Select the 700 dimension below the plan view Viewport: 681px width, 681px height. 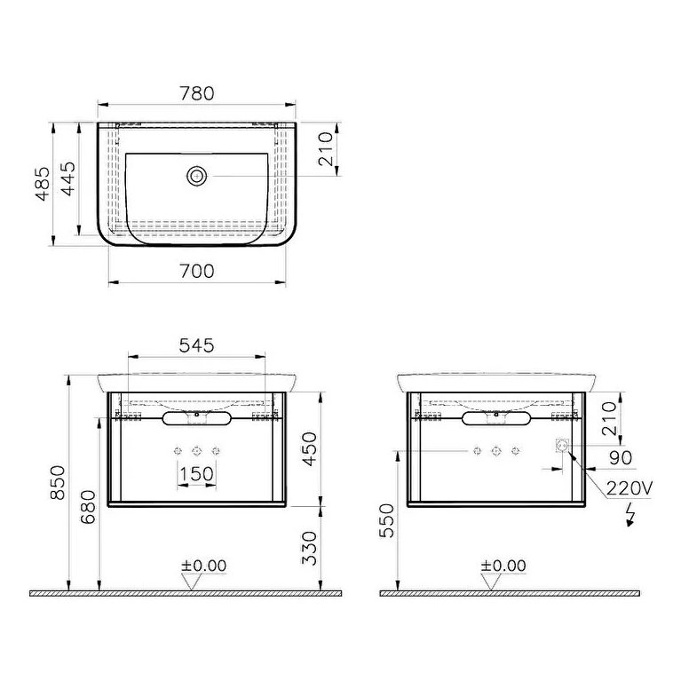[196, 272]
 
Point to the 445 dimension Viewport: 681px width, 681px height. [79, 185]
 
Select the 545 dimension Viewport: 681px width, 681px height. [196, 346]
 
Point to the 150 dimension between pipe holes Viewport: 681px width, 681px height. [196, 474]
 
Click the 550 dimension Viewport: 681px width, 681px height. [384, 524]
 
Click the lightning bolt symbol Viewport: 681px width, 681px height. [631, 515]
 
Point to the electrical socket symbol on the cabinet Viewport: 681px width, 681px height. [562, 446]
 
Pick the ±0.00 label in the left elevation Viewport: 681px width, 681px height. [204, 566]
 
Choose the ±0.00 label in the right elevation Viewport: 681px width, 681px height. [503, 566]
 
